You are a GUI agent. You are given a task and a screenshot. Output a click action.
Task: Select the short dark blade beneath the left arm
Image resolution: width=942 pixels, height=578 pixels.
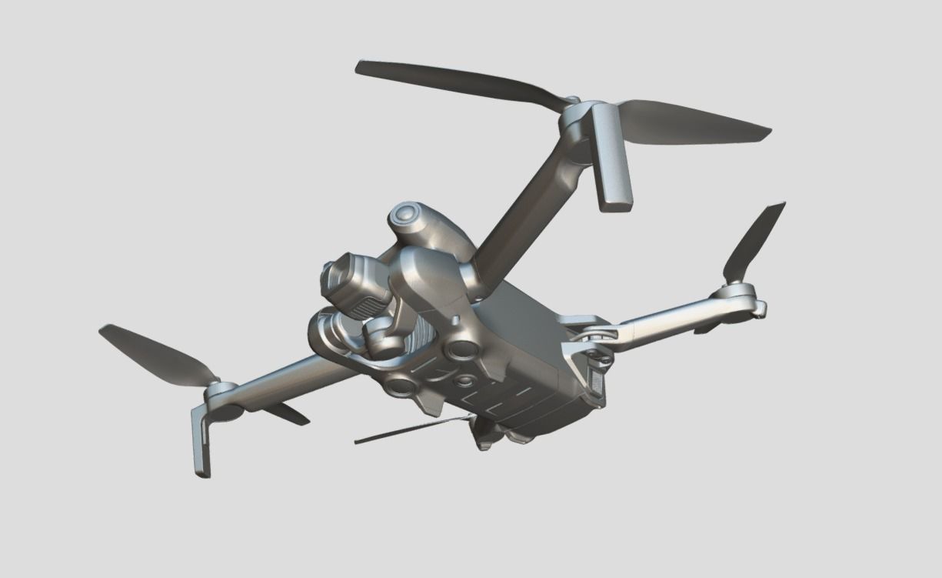(285, 414)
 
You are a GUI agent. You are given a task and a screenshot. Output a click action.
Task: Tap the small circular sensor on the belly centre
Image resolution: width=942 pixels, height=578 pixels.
(464, 381)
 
